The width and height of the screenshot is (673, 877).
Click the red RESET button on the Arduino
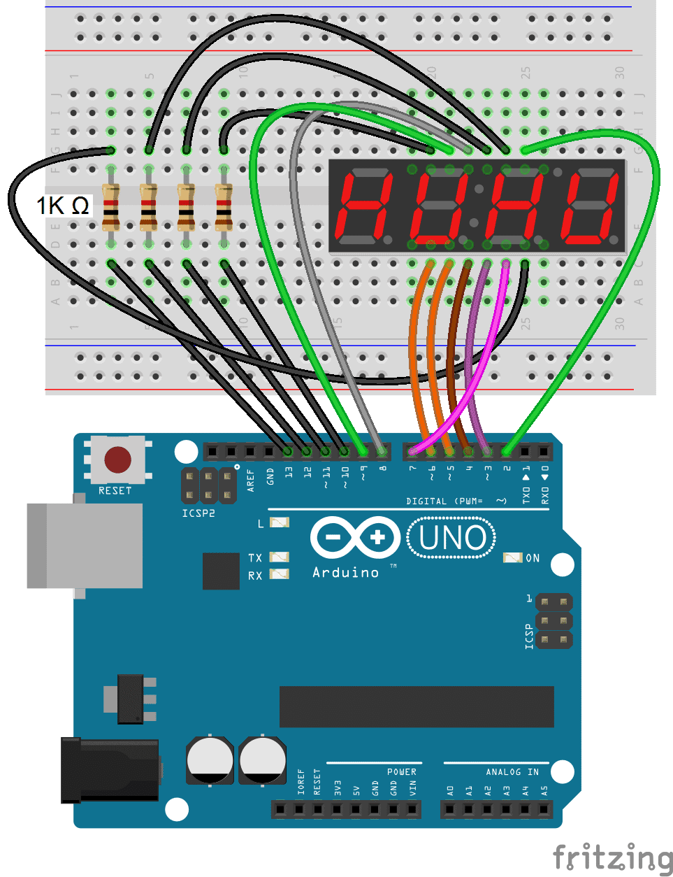tap(117, 459)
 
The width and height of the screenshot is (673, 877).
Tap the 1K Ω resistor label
tap(63, 206)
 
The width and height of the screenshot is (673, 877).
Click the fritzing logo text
tap(612, 857)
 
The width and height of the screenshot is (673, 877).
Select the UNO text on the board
tap(452, 538)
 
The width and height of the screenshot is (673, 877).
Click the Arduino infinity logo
tap(355, 538)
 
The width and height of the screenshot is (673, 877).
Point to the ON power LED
tap(513, 557)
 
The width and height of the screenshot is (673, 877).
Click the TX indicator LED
tap(280, 557)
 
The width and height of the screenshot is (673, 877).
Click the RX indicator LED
tap(280, 574)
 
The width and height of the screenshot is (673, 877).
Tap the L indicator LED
tap(280, 522)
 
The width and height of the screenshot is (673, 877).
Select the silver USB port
tap(84, 546)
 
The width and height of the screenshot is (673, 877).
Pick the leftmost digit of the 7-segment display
tap(366, 206)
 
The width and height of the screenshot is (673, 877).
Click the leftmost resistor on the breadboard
tap(110, 206)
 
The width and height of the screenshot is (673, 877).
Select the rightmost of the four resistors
tap(224, 206)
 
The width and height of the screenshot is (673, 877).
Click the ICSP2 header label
tap(198, 513)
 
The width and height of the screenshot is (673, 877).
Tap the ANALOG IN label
tap(512, 772)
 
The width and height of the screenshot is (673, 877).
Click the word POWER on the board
tap(402, 772)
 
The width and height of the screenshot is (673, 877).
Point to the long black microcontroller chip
tap(417, 706)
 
